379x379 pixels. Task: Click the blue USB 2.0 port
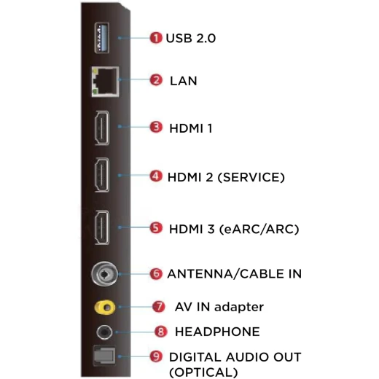coord(102,38)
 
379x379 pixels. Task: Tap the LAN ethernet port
coord(105,82)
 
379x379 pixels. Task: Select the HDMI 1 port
coord(102,128)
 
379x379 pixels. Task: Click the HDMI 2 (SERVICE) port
coord(102,175)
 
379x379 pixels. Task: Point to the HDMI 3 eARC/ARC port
coord(102,227)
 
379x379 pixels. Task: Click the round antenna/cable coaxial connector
coord(104,274)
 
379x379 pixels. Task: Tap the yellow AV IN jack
coord(105,308)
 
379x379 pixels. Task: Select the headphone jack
coord(104,332)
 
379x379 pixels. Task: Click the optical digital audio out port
coord(104,356)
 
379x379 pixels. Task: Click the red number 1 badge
coord(156,38)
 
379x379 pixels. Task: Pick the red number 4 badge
coord(156,176)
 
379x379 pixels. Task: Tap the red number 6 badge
coord(156,274)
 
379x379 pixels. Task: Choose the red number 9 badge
coord(156,356)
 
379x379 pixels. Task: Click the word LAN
coord(184,81)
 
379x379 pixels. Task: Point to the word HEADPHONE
coord(217,332)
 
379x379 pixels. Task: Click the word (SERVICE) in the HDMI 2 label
coord(251,177)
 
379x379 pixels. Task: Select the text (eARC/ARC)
coord(259,229)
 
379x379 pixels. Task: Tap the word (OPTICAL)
coord(203,372)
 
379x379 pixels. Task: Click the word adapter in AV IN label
coord(239,307)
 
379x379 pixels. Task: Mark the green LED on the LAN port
coord(95,92)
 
